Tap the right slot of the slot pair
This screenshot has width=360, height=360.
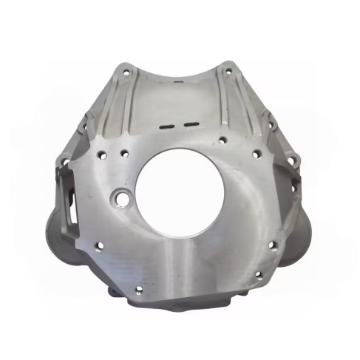pyautogui.click(x=191, y=122)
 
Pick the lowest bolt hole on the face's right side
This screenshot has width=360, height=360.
pyautogui.click(x=259, y=274)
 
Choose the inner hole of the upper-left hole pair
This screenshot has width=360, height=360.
pyautogui.click(x=124, y=153)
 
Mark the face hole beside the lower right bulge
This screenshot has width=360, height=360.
pyautogui.click(x=273, y=245)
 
